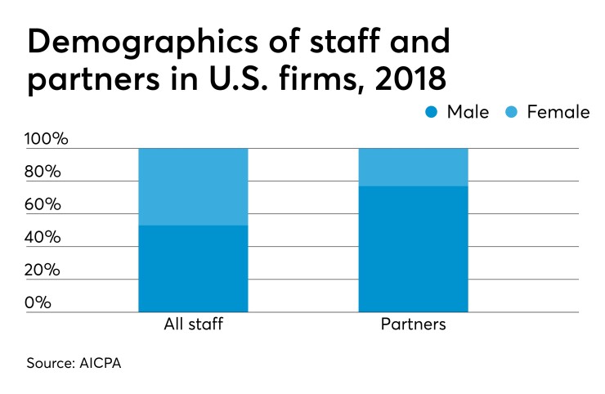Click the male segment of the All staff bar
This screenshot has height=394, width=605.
[x=193, y=268]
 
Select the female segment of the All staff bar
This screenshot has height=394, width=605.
[x=193, y=186]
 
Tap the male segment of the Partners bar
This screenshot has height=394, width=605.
[x=413, y=248]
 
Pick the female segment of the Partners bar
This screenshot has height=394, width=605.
[x=413, y=167]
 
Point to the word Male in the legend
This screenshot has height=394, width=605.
[x=468, y=112]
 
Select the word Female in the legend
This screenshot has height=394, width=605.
[x=558, y=112]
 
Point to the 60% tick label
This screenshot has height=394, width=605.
[x=43, y=204]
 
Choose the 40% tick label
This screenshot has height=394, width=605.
[x=43, y=237]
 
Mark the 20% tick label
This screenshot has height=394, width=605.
[x=43, y=270]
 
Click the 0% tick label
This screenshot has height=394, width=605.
[x=38, y=302]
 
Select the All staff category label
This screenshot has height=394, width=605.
[x=193, y=325]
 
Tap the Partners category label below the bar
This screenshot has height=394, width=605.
[x=413, y=325]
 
